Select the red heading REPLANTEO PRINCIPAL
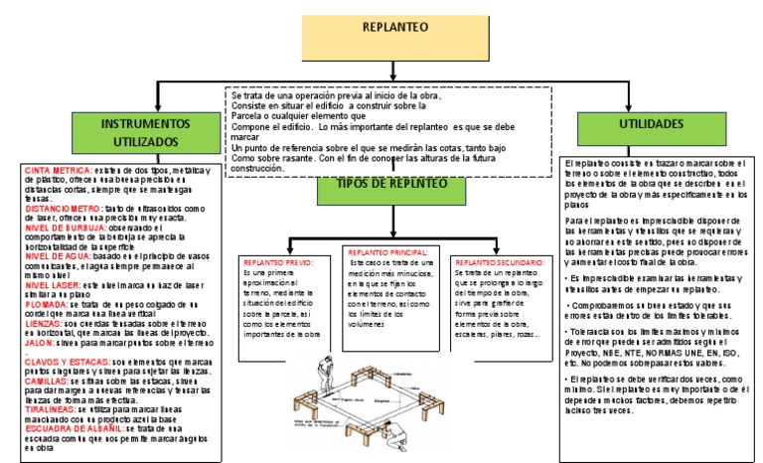coord(388,253)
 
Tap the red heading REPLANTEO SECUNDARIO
coord(500,262)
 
